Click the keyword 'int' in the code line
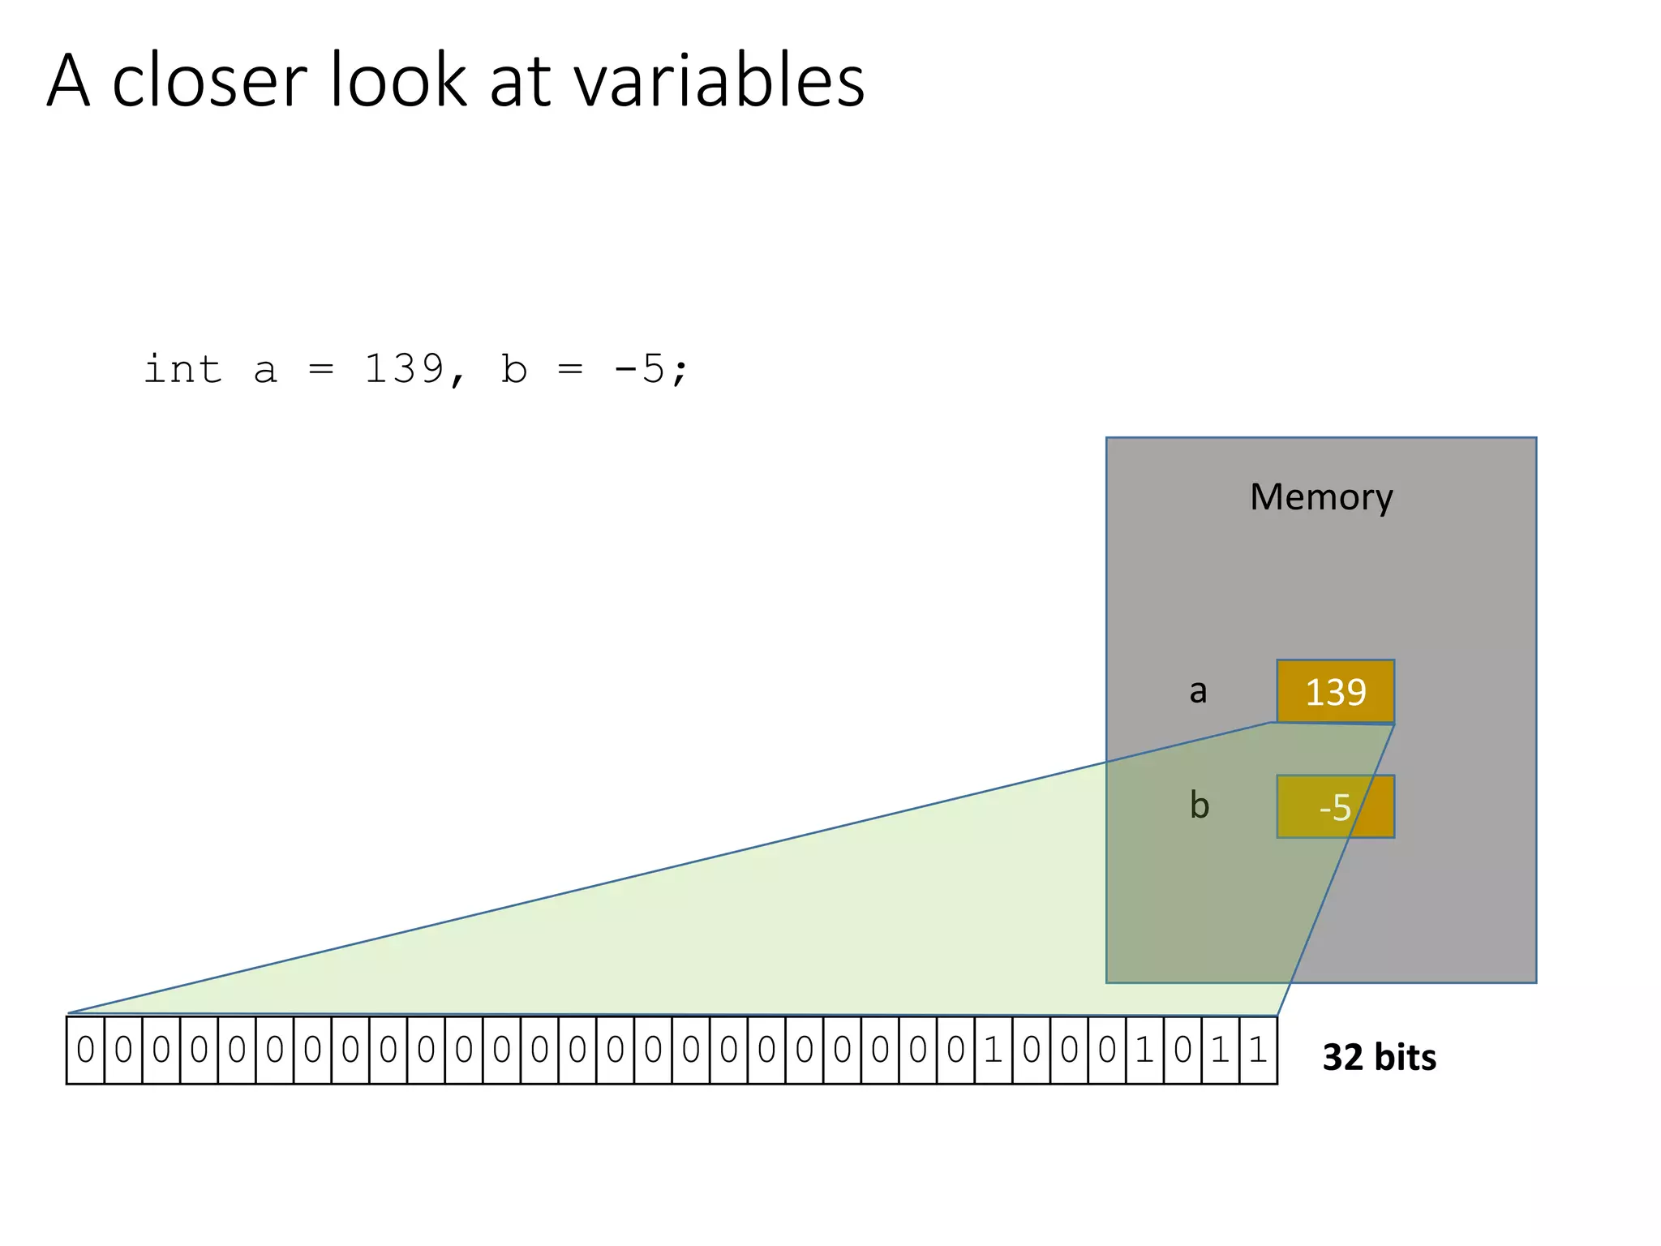[182, 370]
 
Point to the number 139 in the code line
[404, 370]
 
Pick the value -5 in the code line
[639, 370]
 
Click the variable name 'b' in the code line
[514, 370]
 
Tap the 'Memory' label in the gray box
[1321, 497]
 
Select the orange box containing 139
[1335, 691]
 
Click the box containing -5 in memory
[1335, 806]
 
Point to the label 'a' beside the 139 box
[1198, 691]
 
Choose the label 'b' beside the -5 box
[1200, 806]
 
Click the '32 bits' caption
[1379, 1058]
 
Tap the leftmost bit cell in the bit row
[85, 1051]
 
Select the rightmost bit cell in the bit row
[1258, 1051]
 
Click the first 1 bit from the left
[994, 1051]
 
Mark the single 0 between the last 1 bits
[1182, 1051]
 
